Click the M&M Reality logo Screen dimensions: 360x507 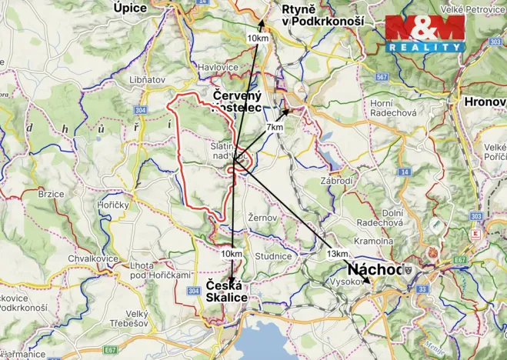tap(425, 34)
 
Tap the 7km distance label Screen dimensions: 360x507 tap(275, 127)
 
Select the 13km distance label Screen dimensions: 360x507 tap(336, 254)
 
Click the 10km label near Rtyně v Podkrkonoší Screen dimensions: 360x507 tap(258, 38)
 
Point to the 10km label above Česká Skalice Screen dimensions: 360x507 tap(231, 254)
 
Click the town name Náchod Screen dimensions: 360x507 tap(376, 270)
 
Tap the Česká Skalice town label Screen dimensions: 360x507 tap(227, 292)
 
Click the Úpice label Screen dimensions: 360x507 tap(129, 7)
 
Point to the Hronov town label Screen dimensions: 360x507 tap(485, 101)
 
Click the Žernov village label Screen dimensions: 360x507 tap(262, 218)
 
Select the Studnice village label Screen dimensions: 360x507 tap(274, 256)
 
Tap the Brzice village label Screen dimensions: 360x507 tap(51, 195)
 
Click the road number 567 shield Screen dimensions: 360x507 tap(380, 77)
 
